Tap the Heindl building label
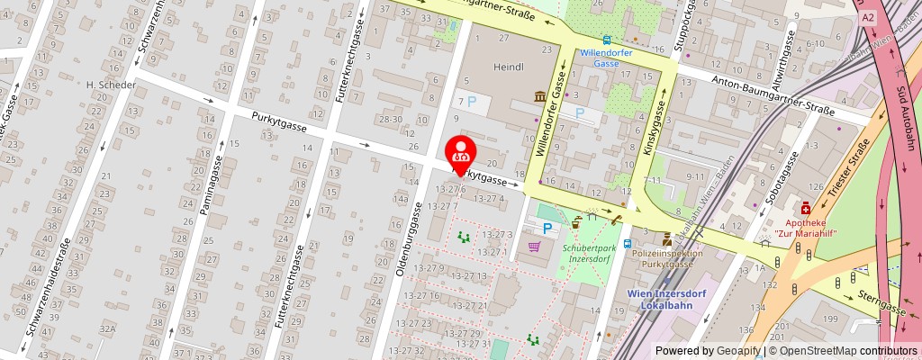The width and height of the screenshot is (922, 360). [x=509, y=67]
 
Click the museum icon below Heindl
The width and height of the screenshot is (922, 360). [x=539, y=96]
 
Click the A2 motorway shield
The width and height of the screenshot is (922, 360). [x=867, y=17]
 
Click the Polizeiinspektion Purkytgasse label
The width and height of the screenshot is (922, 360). [x=667, y=259]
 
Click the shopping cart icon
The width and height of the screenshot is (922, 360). [x=534, y=246]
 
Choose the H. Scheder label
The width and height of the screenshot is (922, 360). [x=110, y=85]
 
